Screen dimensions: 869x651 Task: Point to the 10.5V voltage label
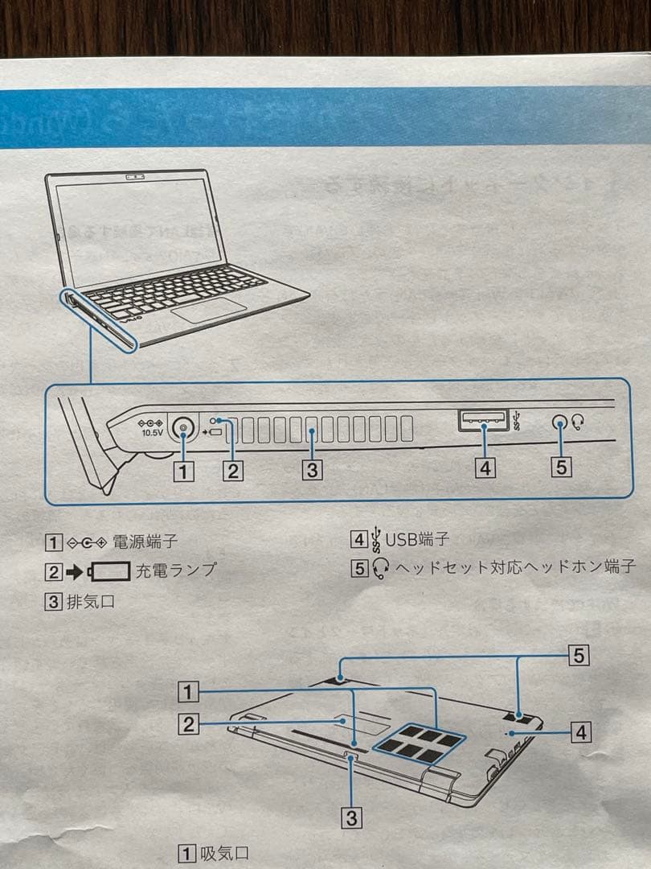pyautogui.click(x=152, y=432)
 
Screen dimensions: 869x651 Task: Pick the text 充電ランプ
pyautogui.click(x=175, y=570)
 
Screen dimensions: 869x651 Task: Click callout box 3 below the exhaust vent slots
pyautogui.click(x=313, y=469)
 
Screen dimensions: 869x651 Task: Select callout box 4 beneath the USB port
pyautogui.click(x=483, y=467)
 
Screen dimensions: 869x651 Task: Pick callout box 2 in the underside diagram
pyautogui.click(x=188, y=725)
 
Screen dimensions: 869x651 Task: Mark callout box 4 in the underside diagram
pyautogui.click(x=581, y=732)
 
